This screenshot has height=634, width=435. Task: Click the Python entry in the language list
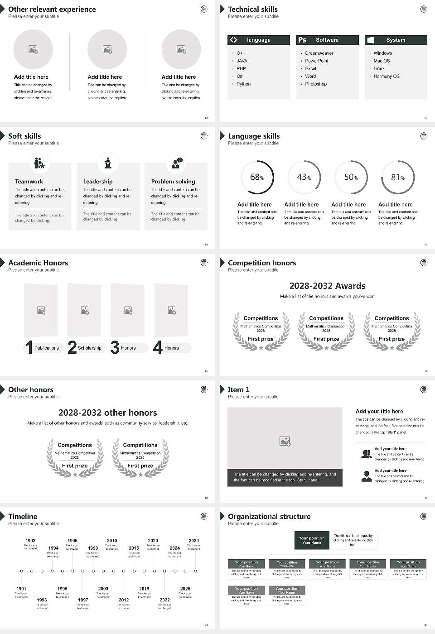pos(243,84)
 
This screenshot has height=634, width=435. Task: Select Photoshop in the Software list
pos(315,84)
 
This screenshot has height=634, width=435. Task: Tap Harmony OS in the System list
pos(386,77)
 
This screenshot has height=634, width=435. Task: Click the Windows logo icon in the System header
pos(370,40)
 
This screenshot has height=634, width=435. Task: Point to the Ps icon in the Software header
pos(302,40)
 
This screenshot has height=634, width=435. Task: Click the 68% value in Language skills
pos(257,177)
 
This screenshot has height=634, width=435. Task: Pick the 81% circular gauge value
pos(398,177)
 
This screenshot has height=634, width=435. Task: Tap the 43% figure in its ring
pos(304,177)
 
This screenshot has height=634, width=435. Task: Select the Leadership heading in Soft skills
pos(97,182)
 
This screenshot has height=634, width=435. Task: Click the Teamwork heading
pos(29,182)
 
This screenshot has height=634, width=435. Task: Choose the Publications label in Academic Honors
pos(46,348)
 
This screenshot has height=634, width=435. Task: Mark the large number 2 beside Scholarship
pos(72,347)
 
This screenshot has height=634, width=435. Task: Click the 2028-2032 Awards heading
pos(327,286)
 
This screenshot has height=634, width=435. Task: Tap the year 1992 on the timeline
pos(30,541)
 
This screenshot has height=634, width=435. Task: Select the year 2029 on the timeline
pos(193,541)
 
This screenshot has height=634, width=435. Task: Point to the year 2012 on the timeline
pos(124,600)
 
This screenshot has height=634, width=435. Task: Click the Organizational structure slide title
pos(269,516)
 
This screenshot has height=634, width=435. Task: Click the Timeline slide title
pos(23,516)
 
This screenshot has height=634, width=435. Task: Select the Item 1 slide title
pos(238,389)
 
